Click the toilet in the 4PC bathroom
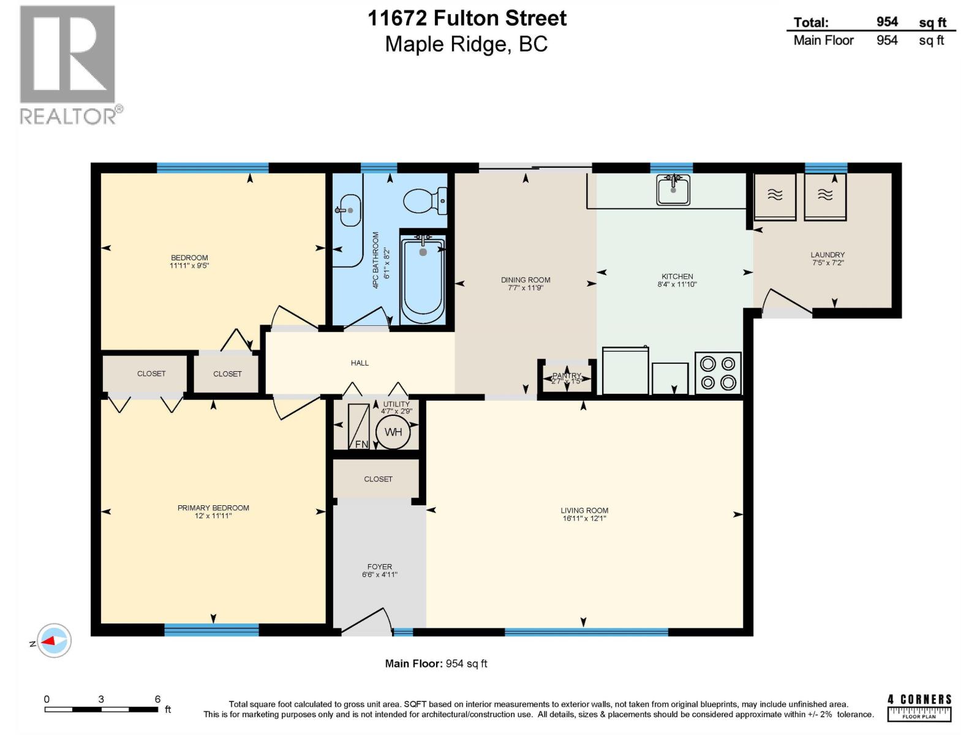pos(424,200)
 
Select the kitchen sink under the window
pos(673,189)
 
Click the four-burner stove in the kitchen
pos(718,373)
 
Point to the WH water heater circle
pos(393,432)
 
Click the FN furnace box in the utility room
pos(359,426)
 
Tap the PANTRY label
pos(567,376)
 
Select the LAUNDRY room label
pos(827,255)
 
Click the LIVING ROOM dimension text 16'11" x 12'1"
pos(584,519)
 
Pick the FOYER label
pos(380,567)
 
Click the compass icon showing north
pos(54,641)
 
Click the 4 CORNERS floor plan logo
pos(919,707)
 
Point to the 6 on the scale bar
pos(157,699)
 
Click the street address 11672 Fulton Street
pos(467,18)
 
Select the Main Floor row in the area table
pos(870,40)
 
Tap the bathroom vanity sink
pos(349,210)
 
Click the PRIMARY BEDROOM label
pos(213,508)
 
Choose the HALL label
pos(360,363)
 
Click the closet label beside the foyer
pos(378,479)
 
